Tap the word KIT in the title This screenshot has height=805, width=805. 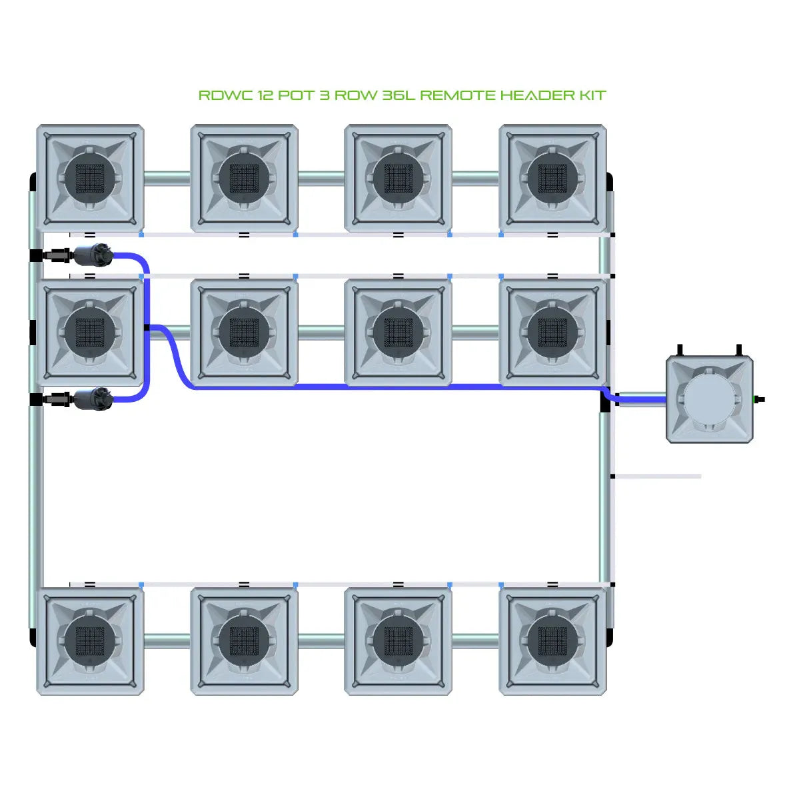click(x=592, y=95)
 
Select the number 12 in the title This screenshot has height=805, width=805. click(x=265, y=95)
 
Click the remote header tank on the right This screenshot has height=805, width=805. click(x=710, y=400)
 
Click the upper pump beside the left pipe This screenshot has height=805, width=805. click(x=93, y=255)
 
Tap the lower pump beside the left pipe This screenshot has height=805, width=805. click(x=93, y=399)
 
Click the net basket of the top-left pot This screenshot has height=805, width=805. click(x=90, y=179)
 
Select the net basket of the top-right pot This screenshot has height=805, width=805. click(x=552, y=179)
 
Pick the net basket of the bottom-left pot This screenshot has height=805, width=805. click(x=90, y=641)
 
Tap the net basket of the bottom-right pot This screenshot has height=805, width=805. click(x=552, y=641)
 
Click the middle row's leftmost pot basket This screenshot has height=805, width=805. click(x=90, y=332)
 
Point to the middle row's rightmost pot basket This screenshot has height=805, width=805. click(x=552, y=332)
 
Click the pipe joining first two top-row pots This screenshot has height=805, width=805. click(x=167, y=178)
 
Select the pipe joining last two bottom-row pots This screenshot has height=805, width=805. click(x=475, y=641)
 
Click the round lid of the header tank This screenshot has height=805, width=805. click(x=709, y=399)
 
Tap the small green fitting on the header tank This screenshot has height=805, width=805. click(x=756, y=399)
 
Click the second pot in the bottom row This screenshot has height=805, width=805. click(x=244, y=641)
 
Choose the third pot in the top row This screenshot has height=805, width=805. click(x=399, y=179)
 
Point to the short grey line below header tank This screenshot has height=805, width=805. click(x=657, y=476)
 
